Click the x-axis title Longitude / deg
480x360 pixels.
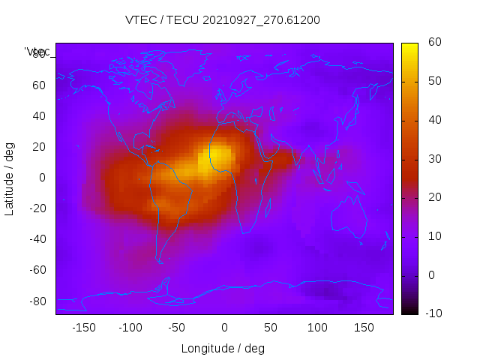[223, 349]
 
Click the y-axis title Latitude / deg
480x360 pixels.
[10, 178]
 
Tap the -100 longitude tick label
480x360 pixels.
[130, 328]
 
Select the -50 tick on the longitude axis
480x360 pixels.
[177, 328]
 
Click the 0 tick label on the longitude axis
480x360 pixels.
[224, 328]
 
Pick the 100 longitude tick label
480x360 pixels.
[318, 328]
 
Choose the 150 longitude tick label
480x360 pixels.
[364, 328]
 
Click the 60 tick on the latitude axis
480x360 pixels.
[39, 85]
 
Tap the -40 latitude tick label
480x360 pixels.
[36, 239]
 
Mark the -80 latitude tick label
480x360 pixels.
[36, 301]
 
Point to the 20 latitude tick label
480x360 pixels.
[39, 147]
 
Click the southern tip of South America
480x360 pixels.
[160, 261]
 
